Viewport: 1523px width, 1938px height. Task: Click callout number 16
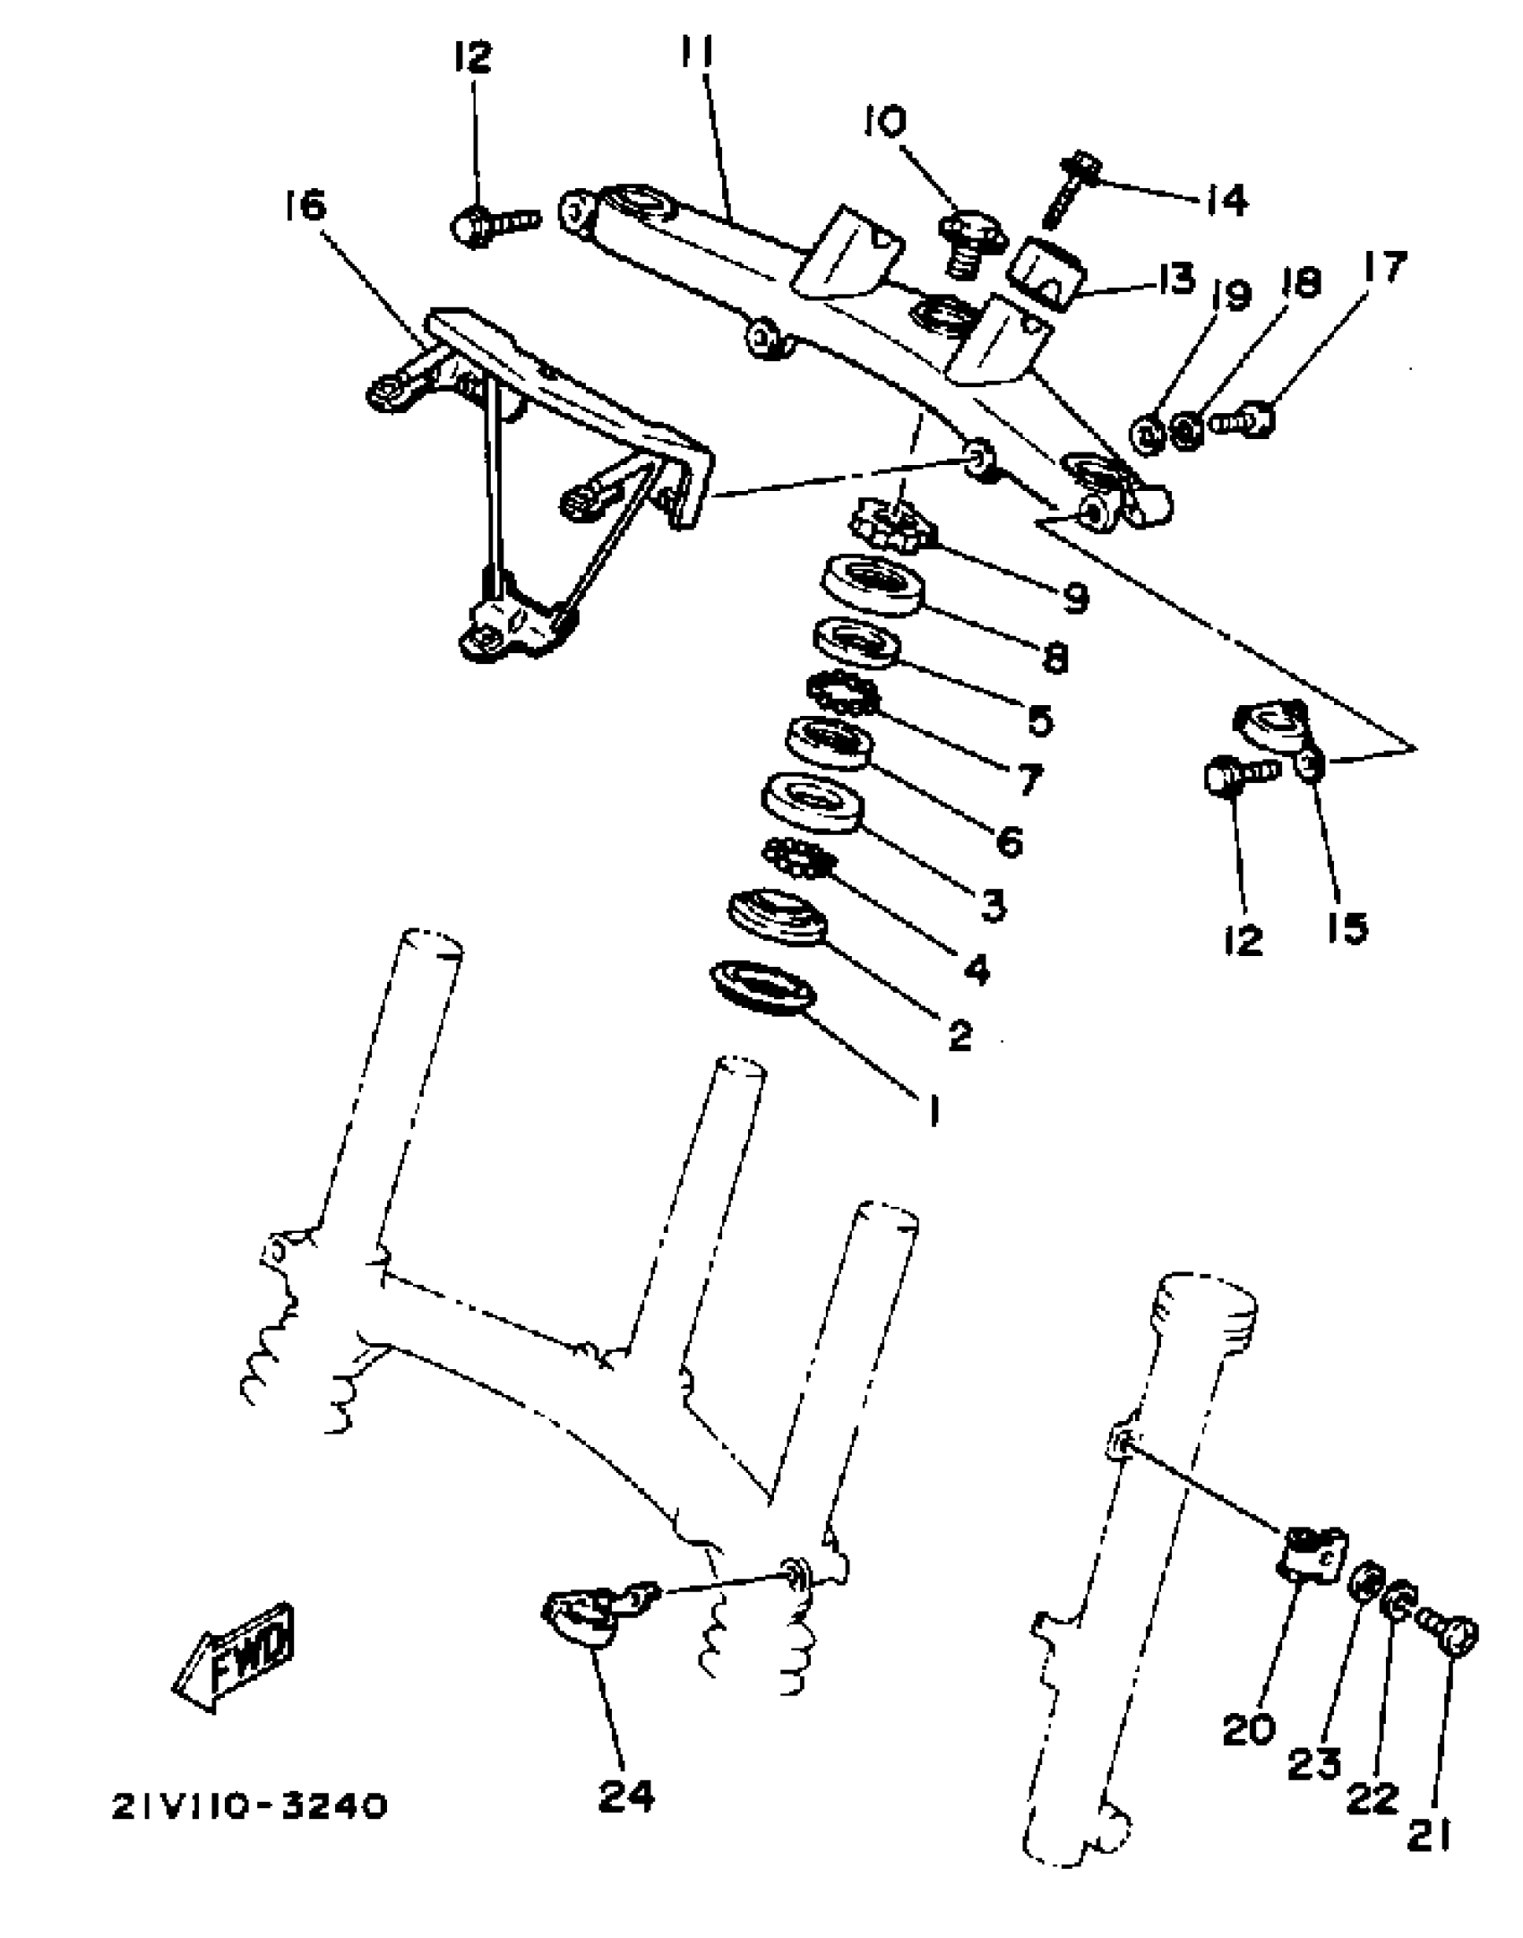click(305, 207)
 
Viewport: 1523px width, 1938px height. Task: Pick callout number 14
click(1225, 200)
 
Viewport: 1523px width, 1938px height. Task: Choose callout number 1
click(933, 1111)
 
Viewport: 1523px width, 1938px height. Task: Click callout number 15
click(1348, 927)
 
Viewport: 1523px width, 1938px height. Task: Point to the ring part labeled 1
click(762, 986)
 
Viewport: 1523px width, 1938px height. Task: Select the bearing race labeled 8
click(872, 585)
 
